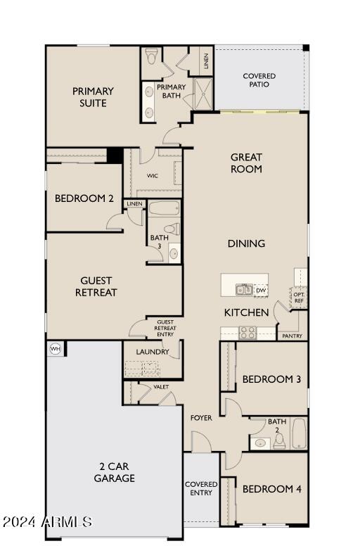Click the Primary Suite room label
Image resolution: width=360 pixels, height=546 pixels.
pyautogui.click(x=93, y=97)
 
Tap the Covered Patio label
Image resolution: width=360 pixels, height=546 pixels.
pyautogui.click(x=259, y=80)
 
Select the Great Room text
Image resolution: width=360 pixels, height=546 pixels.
pyautogui.click(x=246, y=163)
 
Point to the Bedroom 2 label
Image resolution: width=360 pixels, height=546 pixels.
pyautogui.click(x=84, y=198)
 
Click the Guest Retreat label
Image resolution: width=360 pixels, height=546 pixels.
pyautogui.click(x=96, y=286)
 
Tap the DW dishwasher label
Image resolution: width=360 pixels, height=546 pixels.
pyautogui.click(x=260, y=290)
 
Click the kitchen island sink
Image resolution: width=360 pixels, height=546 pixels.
pyautogui.click(x=243, y=289)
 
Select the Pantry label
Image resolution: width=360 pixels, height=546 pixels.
pyautogui.click(x=292, y=336)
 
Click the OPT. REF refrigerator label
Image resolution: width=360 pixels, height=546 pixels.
pyautogui.click(x=299, y=298)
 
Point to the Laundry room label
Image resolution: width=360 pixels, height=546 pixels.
pyautogui.click(x=152, y=352)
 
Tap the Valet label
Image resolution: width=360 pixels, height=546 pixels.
pyautogui.click(x=161, y=387)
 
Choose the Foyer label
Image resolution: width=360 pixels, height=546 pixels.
pyautogui.click(x=201, y=418)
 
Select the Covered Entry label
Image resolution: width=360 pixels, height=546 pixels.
pyautogui.click(x=201, y=488)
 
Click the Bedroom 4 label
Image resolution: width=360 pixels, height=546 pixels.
pyautogui.click(x=271, y=489)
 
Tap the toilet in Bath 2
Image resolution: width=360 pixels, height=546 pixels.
pyautogui.click(x=279, y=440)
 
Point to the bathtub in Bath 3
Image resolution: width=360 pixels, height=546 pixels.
pyautogui.click(x=165, y=209)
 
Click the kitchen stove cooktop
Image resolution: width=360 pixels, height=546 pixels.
pyautogui.click(x=248, y=332)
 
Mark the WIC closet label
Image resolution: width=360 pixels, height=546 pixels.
pyautogui.click(x=152, y=176)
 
